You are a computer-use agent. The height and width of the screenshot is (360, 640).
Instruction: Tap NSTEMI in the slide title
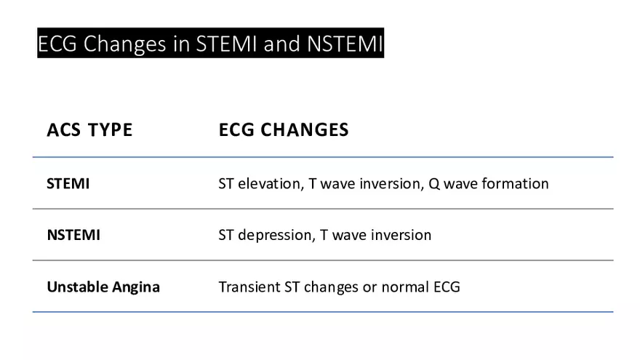(x=345, y=44)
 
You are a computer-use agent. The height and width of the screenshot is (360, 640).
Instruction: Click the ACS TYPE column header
(x=89, y=130)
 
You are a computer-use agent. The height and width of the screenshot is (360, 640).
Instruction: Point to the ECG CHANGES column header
(x=284, y=130)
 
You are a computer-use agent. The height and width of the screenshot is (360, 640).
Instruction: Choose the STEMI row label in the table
(x=68, y=183)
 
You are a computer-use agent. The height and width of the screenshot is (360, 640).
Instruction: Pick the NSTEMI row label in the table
(x=73, y=235)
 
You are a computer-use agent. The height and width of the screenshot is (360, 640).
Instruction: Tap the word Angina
(x=135, y=287)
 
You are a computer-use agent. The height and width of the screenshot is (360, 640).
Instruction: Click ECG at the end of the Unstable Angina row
(x=447, y=287)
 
